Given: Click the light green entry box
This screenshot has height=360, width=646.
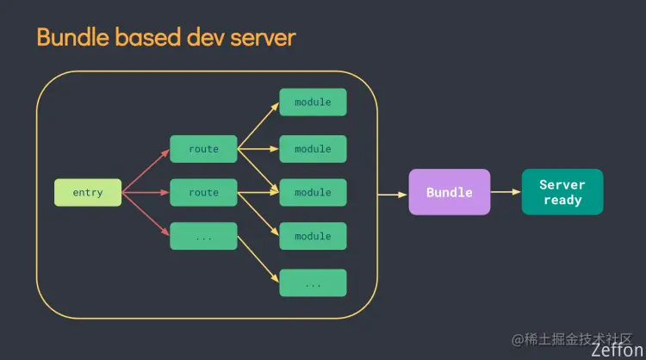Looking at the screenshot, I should [88, 192].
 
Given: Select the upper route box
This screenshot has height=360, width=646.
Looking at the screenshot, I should [203, 149].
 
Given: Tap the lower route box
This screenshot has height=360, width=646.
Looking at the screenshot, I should [203, 192].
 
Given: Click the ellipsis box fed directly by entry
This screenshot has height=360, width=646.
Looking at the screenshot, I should [203, 236].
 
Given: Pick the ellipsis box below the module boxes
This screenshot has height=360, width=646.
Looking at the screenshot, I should [313, 282].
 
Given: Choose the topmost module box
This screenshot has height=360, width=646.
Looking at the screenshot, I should [313, 102].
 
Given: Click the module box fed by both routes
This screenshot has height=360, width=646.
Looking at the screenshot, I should [313, 192].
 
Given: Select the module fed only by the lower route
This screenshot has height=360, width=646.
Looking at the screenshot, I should [313, 236].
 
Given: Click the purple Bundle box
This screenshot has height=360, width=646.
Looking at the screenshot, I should [449, 192].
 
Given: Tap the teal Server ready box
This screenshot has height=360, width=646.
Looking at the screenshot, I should [562, 192].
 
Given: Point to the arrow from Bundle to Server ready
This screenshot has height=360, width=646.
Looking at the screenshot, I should [506, 192].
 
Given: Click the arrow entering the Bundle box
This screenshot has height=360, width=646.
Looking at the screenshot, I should [393, 194].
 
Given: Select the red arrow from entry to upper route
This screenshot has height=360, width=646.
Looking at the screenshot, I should [146, 171].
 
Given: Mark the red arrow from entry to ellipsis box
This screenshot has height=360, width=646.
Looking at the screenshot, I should [146, 214].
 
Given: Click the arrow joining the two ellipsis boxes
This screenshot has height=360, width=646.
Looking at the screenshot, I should [258, 259].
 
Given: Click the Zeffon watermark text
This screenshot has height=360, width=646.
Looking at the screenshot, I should [617, 351].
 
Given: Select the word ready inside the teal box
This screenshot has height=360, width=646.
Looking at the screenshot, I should [562, 200].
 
